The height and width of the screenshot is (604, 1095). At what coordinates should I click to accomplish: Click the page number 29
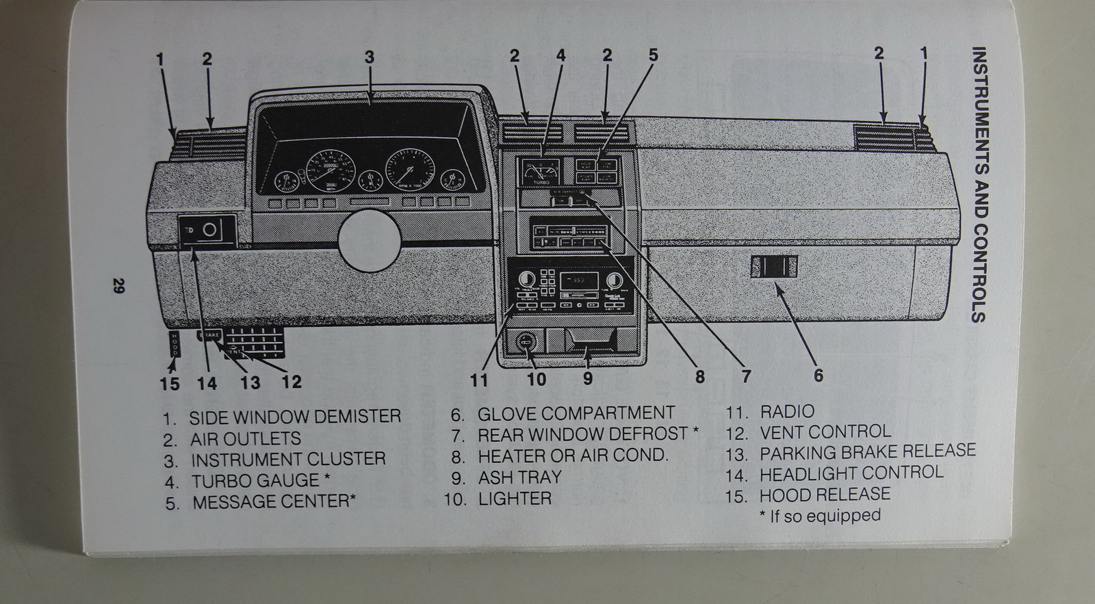pos(117,287)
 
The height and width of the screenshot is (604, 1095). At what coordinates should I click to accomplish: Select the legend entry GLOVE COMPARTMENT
pos(576,413)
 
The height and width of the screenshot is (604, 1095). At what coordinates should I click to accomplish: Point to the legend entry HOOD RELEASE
pos(824,494)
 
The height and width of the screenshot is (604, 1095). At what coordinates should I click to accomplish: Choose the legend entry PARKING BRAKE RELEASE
pos(867,451)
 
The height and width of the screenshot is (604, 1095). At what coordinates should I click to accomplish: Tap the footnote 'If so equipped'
pos(821,516)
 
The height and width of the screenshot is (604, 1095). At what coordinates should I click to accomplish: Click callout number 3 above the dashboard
pos(370,57)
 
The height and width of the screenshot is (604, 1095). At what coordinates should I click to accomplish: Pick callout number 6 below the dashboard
pos(818,375)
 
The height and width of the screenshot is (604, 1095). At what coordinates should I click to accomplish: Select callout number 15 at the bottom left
pos(169,382)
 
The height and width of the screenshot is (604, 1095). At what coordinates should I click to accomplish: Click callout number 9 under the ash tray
pos(587,378)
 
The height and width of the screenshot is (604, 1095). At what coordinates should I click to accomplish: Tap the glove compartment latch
pos(774,266)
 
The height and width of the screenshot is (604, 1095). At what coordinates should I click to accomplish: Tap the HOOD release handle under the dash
pos(174,343)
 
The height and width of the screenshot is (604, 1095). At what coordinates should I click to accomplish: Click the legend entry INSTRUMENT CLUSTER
pos(288,458)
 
